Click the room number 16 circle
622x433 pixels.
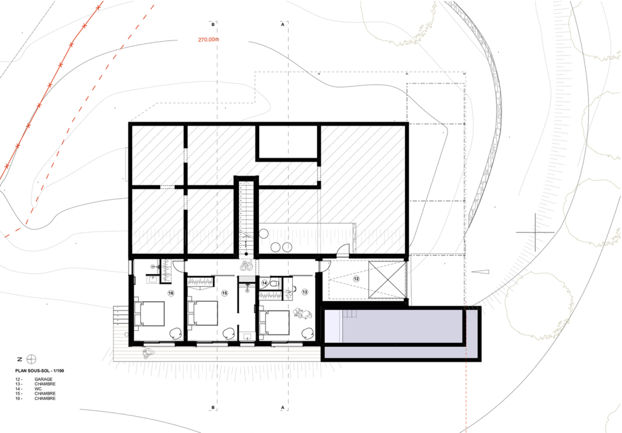171,293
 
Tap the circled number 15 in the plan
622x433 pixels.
225,293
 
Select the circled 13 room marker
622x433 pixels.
304,292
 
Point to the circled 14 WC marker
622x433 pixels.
265,283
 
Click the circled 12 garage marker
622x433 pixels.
356,279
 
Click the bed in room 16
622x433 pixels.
149,313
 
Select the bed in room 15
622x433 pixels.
202,313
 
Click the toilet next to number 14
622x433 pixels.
274,283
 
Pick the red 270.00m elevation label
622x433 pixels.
208,40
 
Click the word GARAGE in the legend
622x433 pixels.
43,379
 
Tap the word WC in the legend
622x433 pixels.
37,389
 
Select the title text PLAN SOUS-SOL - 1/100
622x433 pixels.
39,371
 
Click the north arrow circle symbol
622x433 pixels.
31,359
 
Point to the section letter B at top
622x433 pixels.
213,25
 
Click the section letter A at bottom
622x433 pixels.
283,408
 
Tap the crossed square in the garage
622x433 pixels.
387,280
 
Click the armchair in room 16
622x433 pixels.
176,334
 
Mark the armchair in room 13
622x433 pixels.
307,333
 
